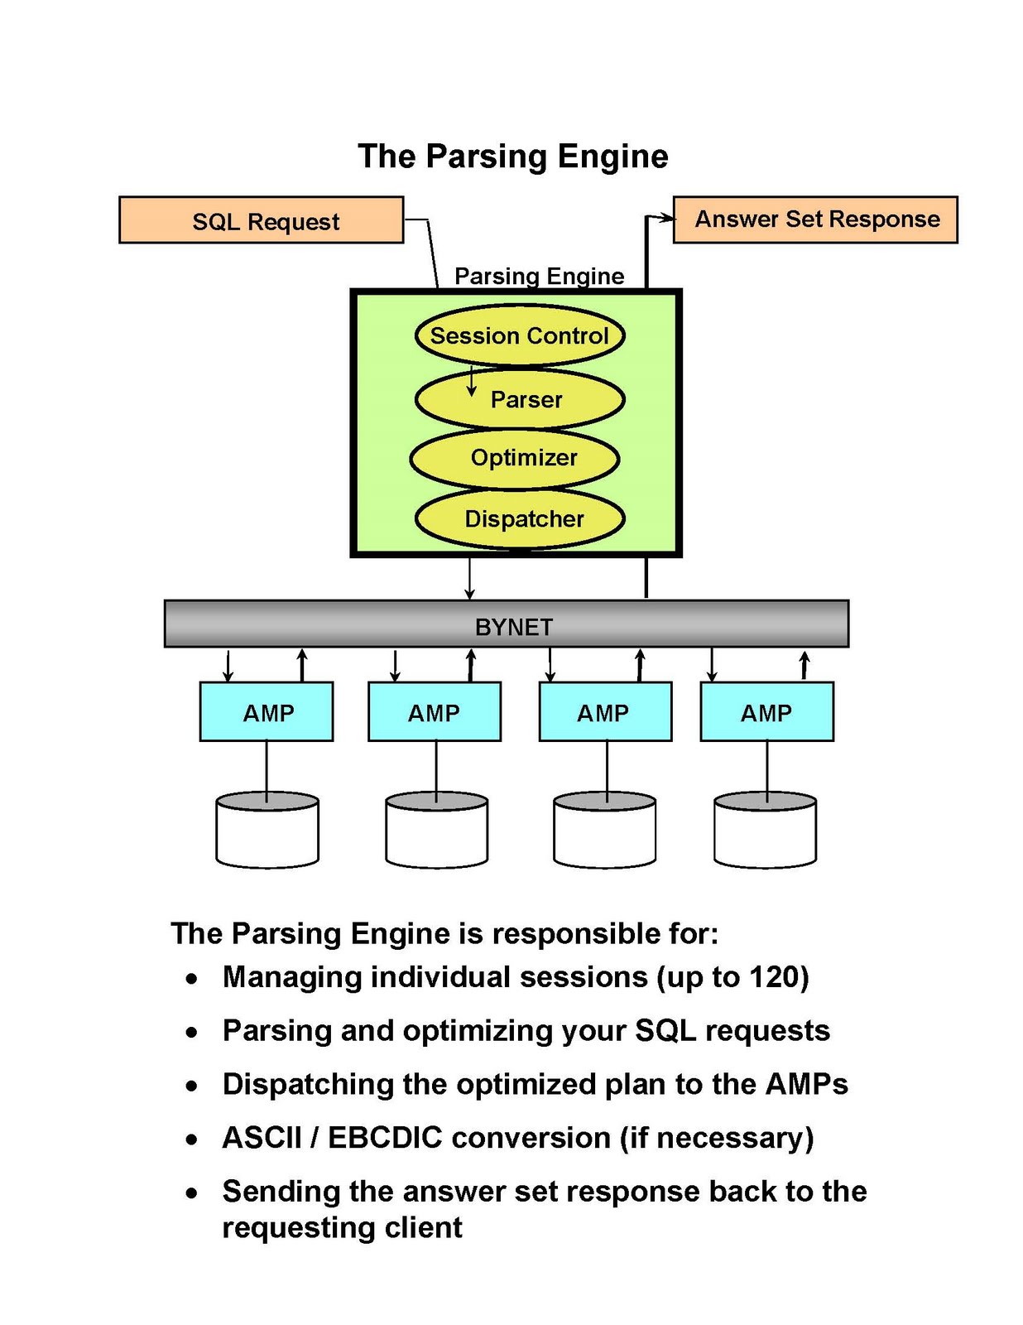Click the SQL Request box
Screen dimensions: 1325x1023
(x=261, y=220)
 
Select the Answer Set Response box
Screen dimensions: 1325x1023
(x=815, y=219)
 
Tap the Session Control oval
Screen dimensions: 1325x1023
(x=519, y=335)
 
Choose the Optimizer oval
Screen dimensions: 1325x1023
(x=515, y=458)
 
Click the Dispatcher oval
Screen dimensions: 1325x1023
(x=520, y=519)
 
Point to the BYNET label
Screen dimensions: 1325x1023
(x=513, y=627)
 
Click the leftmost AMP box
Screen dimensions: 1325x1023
(x=267, y=712)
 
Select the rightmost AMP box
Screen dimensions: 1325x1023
(x=766, y=712)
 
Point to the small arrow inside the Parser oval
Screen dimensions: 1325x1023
(x=472, y=382)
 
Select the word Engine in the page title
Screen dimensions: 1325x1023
(x=612, y=157)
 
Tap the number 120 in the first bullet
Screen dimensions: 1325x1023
(x=775, y=977)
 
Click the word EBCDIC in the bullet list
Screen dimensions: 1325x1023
(x=385, y=1138)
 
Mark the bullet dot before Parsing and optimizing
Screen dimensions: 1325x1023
(x=192, y=1033)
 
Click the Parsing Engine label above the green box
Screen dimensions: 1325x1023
(x=539, y=276)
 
